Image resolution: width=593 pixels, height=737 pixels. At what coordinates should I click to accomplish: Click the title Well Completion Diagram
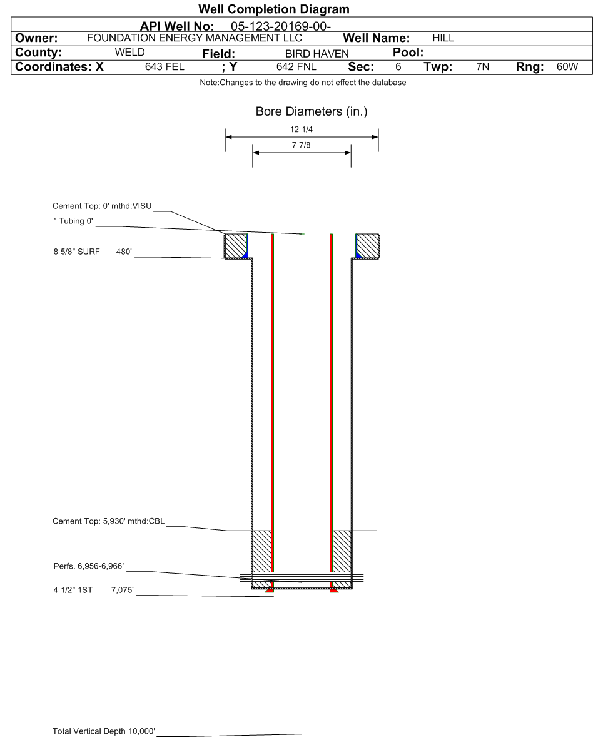point(273,9)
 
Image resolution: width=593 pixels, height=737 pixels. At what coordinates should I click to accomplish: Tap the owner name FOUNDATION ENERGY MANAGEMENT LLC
point(195,38)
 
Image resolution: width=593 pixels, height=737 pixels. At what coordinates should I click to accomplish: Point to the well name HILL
point(443,38)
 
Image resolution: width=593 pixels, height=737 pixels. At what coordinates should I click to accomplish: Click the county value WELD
point(130,52)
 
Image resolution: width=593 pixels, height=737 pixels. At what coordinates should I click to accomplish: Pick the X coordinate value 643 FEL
point(165,66)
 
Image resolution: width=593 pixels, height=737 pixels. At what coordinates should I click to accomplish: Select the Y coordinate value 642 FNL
point(296,66)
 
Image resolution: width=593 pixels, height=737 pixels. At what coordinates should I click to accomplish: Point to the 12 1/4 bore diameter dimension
point(302,130)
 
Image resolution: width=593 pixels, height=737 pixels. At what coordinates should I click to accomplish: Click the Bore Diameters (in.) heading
point(311,112)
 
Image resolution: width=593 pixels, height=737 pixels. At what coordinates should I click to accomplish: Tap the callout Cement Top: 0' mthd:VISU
point(103,206)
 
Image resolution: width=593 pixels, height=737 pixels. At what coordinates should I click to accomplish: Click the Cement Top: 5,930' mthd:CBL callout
point(108,521)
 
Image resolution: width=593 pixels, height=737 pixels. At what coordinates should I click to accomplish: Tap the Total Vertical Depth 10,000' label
point(104,731)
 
